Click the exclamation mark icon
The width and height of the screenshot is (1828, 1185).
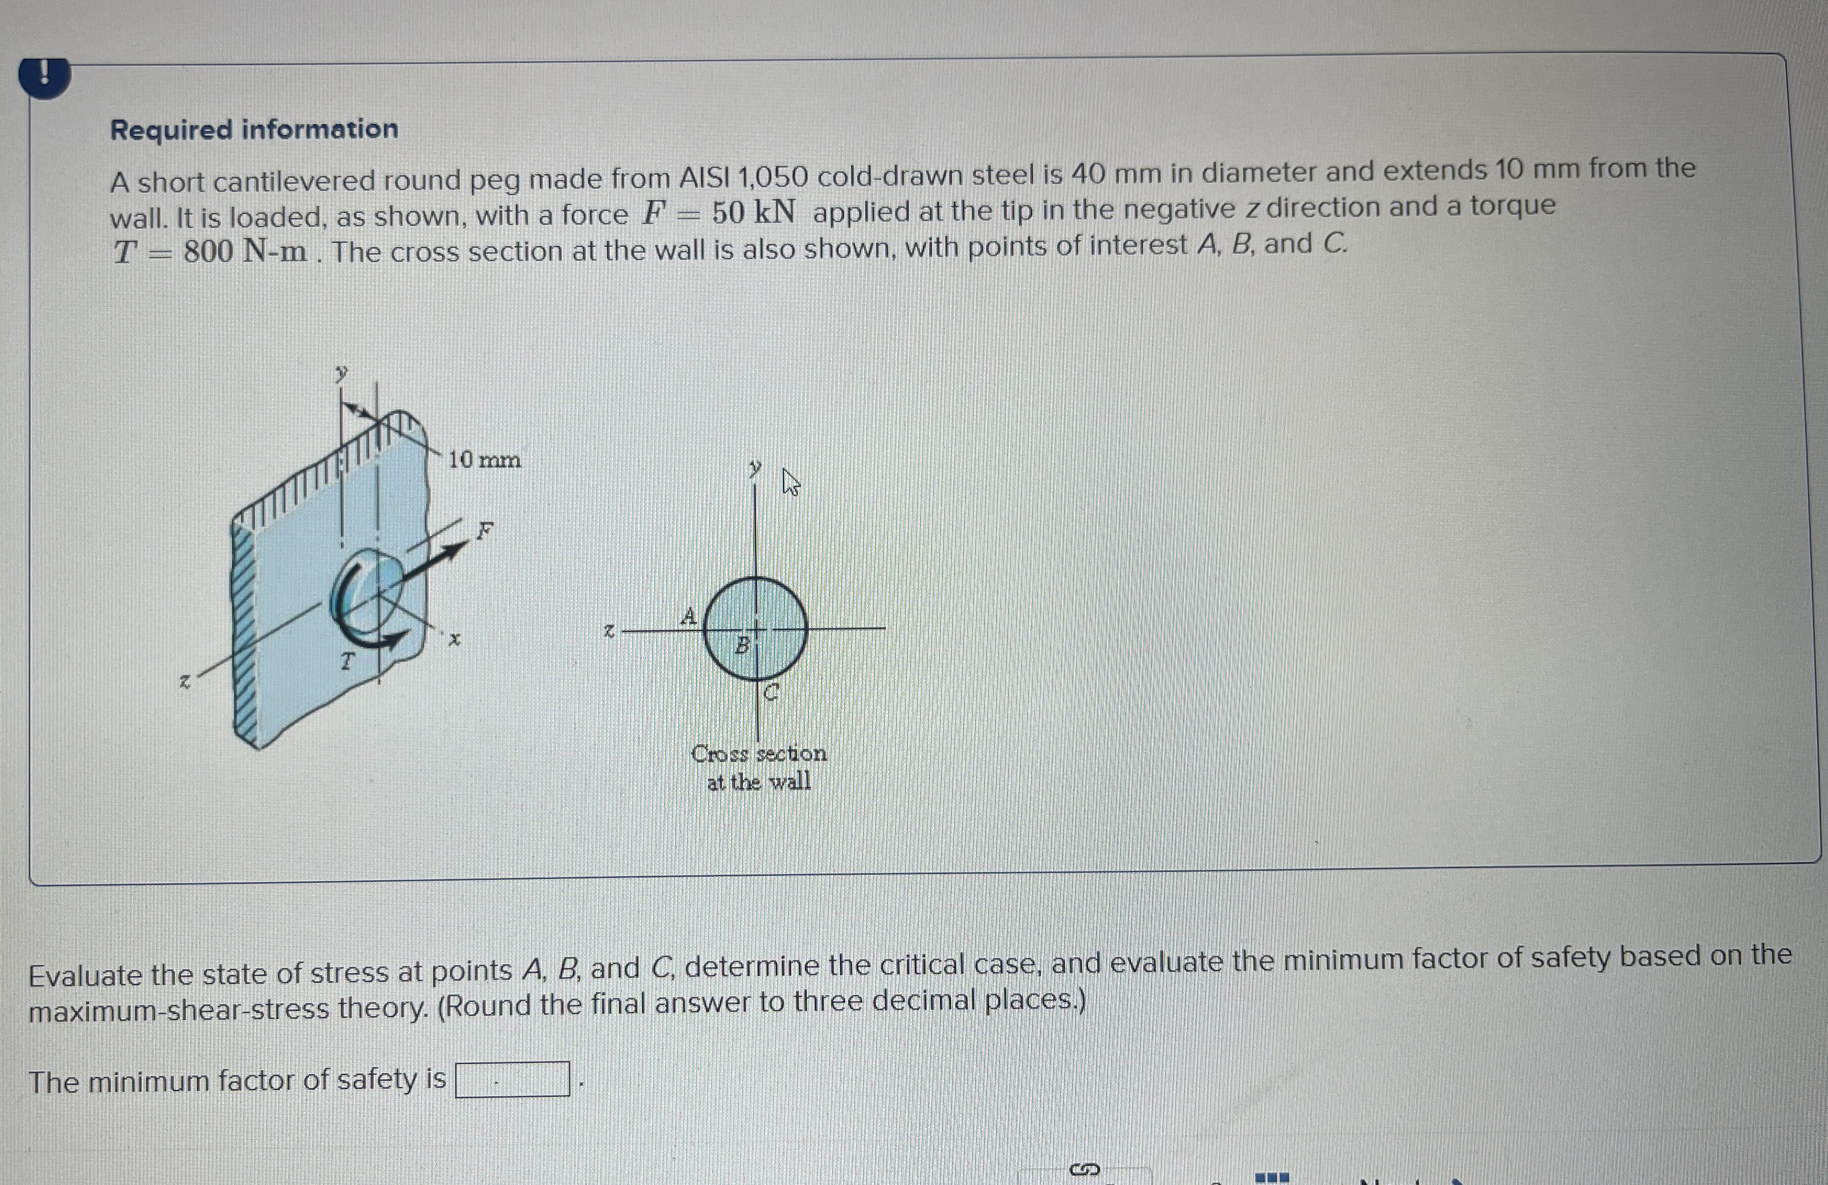(45, 76)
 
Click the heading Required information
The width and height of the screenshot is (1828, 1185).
(254, 129)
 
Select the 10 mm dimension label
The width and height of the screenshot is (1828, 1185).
(484, 460)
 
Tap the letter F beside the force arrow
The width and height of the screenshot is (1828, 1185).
(484, 530)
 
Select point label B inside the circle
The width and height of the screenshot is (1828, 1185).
(741, 645)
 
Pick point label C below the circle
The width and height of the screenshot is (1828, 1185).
(772, 693)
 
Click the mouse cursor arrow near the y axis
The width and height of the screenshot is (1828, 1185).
(790, 482)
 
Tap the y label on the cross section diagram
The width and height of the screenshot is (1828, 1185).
(756, 466)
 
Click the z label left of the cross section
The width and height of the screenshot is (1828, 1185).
(608, 631)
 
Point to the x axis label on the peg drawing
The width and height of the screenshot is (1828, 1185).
(455, 638)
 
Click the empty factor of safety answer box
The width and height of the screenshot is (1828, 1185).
(512, 1079)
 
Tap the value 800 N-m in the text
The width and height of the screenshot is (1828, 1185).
(244, 251)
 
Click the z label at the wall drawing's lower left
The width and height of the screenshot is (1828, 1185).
(184, 681)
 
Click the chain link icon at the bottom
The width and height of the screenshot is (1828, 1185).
(1084, 1170)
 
